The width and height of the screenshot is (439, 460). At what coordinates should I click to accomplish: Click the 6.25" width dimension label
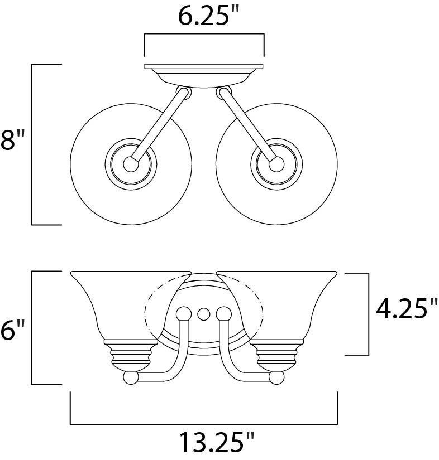204,16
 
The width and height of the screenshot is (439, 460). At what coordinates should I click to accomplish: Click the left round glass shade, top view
89,134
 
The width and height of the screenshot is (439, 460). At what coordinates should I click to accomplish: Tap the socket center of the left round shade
131,163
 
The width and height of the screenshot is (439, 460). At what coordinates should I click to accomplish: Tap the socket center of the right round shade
276,163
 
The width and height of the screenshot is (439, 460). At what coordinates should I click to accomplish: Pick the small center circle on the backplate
204,313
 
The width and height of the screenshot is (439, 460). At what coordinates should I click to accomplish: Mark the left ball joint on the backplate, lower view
183,313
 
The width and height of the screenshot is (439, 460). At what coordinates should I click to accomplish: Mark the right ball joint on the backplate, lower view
224,313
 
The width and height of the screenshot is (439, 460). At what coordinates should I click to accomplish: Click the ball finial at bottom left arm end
131,377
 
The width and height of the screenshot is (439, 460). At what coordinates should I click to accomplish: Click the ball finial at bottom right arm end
276,377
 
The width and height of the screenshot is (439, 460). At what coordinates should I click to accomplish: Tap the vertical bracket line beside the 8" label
32,144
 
